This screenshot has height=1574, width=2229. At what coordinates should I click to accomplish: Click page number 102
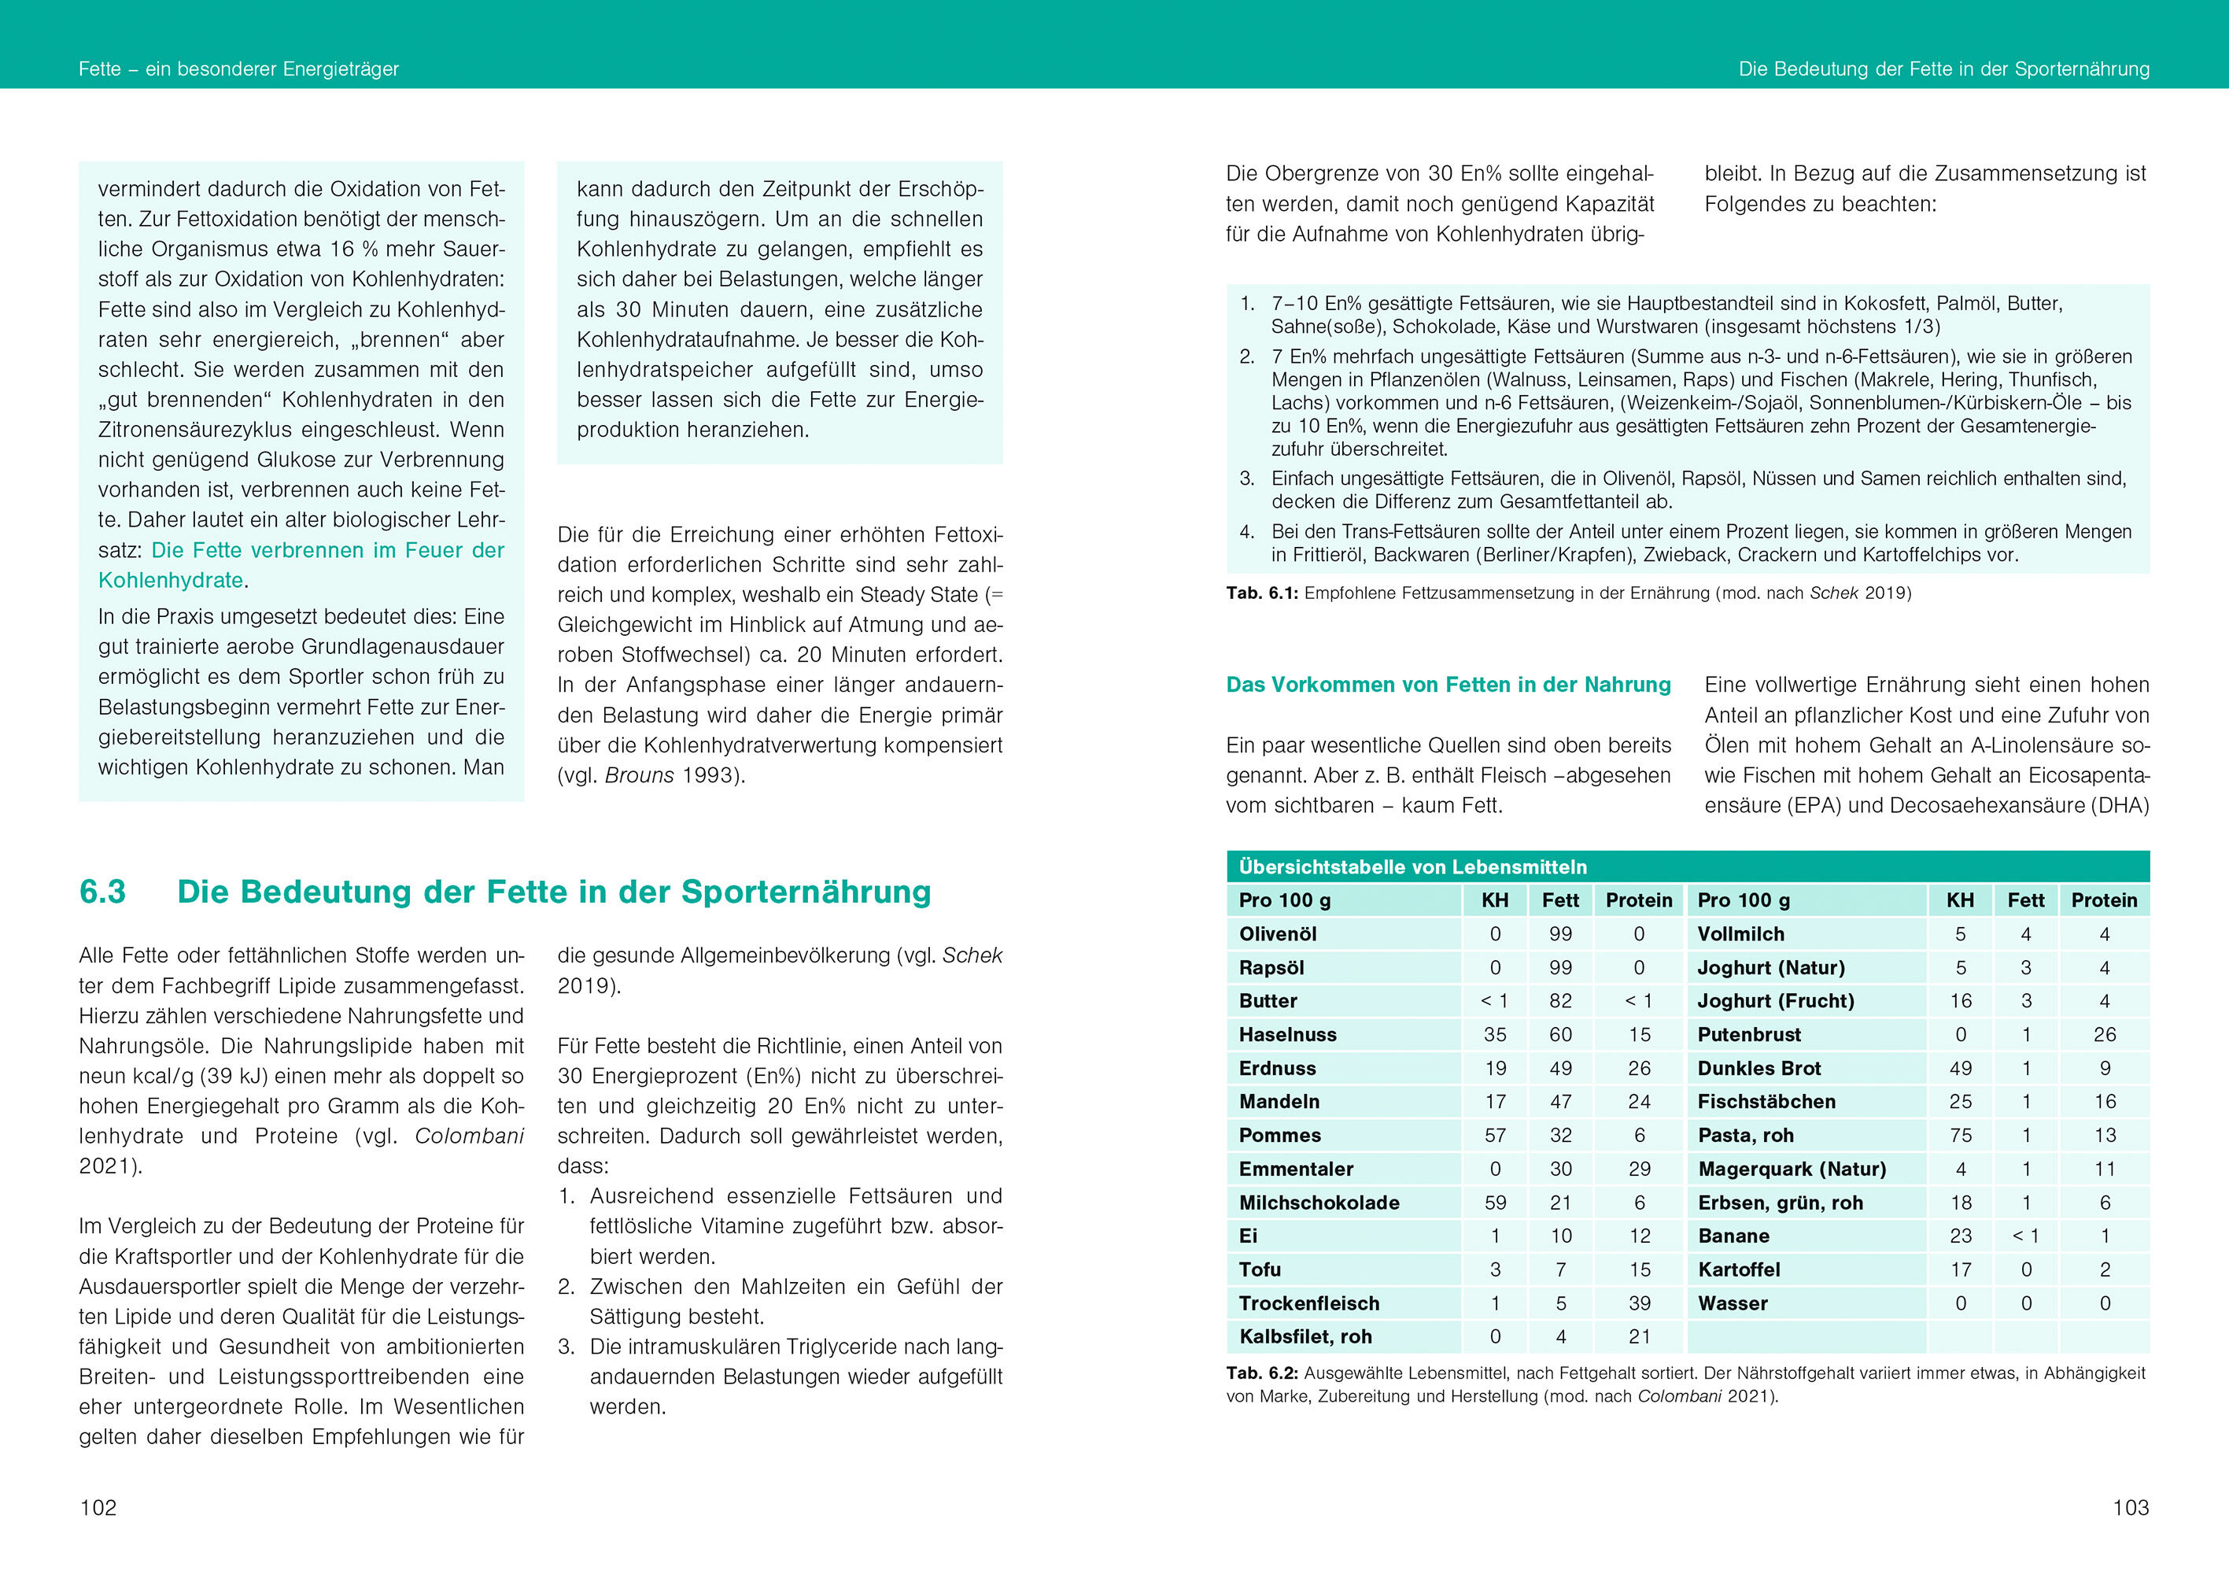click(x=98, y=1507)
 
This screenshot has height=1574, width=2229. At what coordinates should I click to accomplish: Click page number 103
click(x=2130, y=1507)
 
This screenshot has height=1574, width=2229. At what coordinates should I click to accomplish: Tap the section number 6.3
click(x=103, y=892)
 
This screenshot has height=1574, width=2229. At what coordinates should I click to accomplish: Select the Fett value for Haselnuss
click(x=1560, y=1034)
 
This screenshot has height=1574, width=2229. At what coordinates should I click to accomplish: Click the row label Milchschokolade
click(x=1319, y=1202)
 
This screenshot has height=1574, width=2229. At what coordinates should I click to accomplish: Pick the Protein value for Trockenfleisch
click(x=1639, y=1303)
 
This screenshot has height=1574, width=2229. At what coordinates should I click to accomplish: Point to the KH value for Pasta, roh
click(x=1960, y=1135)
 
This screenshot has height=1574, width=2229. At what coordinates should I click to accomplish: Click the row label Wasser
click(x=1732, y=1303)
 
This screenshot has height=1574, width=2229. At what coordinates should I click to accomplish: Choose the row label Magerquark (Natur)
click(x=1792, y=1169)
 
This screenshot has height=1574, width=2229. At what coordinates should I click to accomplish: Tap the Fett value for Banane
click(x=2025, y=1236)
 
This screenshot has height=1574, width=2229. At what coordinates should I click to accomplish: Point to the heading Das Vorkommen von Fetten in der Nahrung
click(x=1448, y=685)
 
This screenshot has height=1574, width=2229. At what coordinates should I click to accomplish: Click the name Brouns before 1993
click(x=639, y=775)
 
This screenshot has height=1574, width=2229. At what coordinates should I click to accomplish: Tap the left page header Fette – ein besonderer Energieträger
click(x=239, y=69)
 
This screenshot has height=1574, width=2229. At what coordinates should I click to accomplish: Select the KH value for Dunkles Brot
click(x=1960, y=1068)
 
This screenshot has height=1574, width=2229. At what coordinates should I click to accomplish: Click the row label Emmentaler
click(x=1295, y=1169)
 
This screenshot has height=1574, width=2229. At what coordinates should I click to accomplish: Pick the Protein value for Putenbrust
click(x=2104, y=1034)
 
